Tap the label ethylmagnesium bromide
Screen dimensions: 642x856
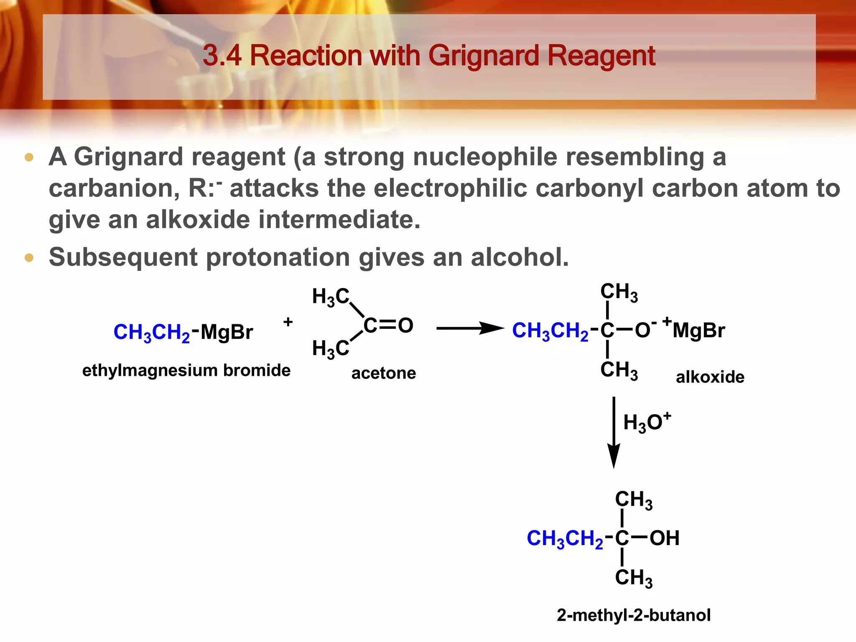(x=186, y=371)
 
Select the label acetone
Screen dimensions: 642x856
(x=384, y=373)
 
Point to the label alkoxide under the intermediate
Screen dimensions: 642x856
(x=710, y=377)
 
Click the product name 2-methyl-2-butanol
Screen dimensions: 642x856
(x=633, y=615)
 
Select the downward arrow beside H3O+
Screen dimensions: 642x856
(x=614, y=432)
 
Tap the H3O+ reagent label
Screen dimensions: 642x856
(x=646, y=423)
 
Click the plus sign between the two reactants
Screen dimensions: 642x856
(x=288, y=322)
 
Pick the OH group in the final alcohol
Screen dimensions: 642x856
(x=664, y=538)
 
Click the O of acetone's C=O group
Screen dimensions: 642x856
(x=405, y=326)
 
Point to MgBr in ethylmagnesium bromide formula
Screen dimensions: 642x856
(x=227, y=333)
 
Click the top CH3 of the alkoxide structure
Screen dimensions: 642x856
(x=619, y=292)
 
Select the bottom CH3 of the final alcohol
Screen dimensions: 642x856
(x=633, y=578)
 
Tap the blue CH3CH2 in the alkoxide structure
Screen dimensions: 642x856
(x=550, y=331)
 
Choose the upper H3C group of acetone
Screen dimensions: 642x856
(x=330, y=297)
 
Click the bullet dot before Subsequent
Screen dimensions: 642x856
(x=29, y=257)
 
